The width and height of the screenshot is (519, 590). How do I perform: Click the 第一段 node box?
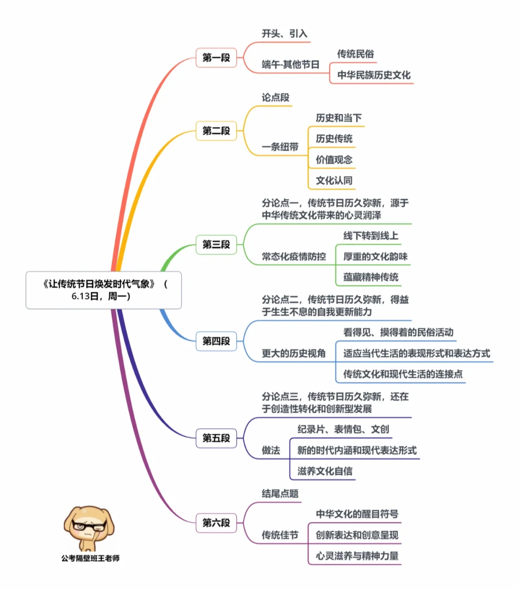coord(216,58)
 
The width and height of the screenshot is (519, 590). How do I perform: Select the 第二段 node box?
coord(216,131)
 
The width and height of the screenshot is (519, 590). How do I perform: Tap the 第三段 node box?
coord(216,245)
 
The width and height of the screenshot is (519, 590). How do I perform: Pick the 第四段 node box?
coord(216,341)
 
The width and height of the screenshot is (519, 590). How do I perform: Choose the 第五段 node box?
coord(216,438)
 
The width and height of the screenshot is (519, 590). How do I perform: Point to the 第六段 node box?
coord(216,522)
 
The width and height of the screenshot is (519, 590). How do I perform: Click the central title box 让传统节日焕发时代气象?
coord(104,290)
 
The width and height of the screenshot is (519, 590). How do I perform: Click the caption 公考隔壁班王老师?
coord(90,558)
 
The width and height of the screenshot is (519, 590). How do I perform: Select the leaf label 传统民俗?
coord(355,54)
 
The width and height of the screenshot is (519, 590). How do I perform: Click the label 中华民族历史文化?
coord(374,75)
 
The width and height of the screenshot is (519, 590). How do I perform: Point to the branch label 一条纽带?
coord(280,147)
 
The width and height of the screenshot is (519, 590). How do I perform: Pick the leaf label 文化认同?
coord(334,181)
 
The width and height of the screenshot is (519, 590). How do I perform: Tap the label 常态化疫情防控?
coord(294,257)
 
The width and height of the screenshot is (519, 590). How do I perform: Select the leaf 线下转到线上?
coord(371,236)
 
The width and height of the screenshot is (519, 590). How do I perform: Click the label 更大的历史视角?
coord(294,354)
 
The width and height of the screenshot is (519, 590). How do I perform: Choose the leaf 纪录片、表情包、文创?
coord(343,429)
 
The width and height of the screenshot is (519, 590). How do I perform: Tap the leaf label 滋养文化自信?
coord(325,471)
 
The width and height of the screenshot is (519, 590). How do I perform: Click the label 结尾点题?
coord(280,493)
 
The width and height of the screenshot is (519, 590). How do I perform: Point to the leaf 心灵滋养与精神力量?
coord(357,556)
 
